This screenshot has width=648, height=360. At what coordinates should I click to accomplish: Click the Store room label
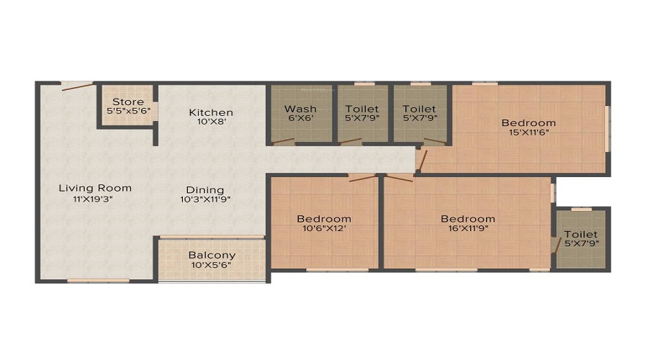pyautogui.click(x=128, y=102)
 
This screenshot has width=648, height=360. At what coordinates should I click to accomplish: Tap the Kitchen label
pyautogui.click(x=211, y=112)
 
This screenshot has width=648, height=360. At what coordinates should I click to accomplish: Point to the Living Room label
pyautogui.click(x=95, y=189)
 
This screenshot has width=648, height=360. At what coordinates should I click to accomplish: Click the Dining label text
pyautogui.click(x=205, y=190)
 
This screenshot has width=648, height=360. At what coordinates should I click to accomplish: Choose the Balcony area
pyautogui.click(x=212, y=259)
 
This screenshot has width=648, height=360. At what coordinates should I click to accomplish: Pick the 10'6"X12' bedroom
pyautogui.click(x=324, y=223)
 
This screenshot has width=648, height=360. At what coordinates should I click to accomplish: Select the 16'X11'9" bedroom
pyautogui.click(x=468, y=223)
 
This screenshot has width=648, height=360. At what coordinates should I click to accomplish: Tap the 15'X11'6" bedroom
pyautogui.click(x=528, y=127)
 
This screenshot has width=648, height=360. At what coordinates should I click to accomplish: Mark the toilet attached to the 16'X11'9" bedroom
pyautogui.click(x=580, y=238)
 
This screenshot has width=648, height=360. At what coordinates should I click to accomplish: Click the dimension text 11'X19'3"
pyautogui.click(x=95, y=199)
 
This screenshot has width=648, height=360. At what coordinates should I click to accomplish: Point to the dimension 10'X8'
pyautogui.click(x=211, y=122)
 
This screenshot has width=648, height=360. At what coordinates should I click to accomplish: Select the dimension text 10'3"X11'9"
pyautogui.click(x=205, y=200)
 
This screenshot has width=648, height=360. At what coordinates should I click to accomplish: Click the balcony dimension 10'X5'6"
pyautogui.click(x=212, y=266)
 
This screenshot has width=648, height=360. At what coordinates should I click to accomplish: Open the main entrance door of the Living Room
pyautogui.click(x=77, y=87)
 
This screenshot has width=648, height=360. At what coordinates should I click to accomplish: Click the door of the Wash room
pyautogui.click(x=284, y=140)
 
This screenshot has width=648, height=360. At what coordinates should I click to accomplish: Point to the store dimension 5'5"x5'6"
pyautogui.click(x=128, y=112)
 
